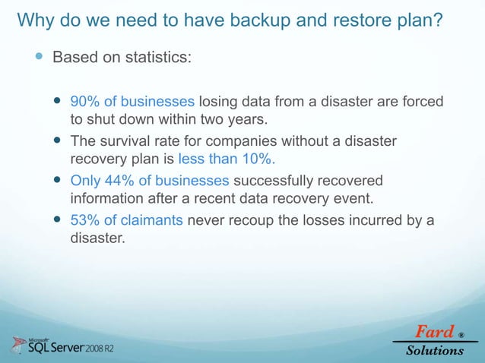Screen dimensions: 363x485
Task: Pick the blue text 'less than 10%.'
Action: [x=227, y=159]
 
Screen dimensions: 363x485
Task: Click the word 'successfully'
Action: [x=270, y=181]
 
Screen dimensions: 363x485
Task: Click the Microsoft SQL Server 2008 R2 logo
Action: [x=65, y=346]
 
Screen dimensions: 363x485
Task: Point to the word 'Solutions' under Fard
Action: [x=435, y=350]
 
